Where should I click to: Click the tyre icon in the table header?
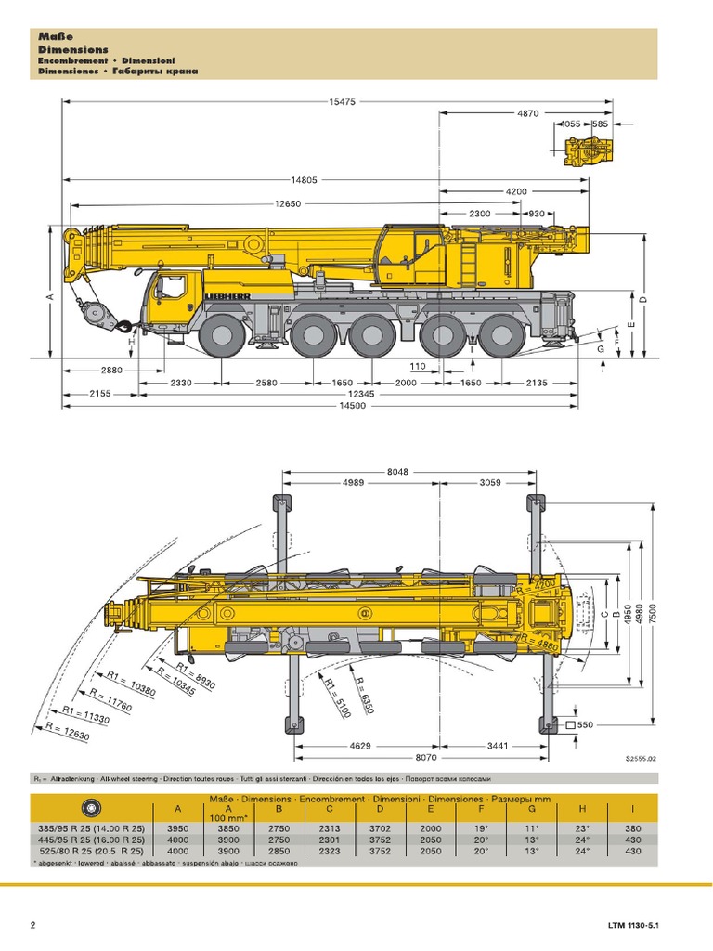(91, 807)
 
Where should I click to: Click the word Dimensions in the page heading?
(73, 49)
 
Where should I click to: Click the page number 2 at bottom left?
(34, 924)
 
